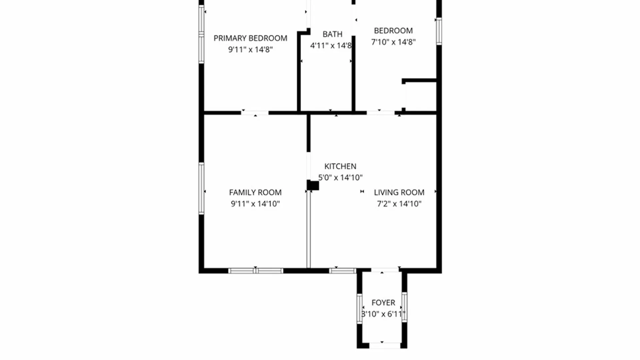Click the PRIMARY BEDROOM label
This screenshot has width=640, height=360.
(x=250, y=38)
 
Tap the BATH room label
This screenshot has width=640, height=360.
(x=332, y=34)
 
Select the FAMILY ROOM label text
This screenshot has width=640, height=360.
(x=255, y=192)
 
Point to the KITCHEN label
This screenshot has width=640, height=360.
(x=340, y=166)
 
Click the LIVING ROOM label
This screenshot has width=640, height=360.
(x=399, y=192)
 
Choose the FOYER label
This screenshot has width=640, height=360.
(x=383, y=303)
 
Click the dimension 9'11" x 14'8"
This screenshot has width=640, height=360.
(x=250, y=50)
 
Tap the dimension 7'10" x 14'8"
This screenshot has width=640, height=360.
(x=393, y=42)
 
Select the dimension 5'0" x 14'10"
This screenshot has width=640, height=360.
(x=340, y=178)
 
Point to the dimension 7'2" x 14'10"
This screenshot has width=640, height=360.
(x=399, y=204)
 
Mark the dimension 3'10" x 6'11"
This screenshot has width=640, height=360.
(x=383, y=314)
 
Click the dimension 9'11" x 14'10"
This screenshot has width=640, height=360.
(x=255, y=204)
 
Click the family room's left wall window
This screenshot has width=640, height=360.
(x=201, y=188)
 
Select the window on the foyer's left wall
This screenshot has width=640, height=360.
(x=359, y=308)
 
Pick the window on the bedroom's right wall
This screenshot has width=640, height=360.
(x=439, y=31)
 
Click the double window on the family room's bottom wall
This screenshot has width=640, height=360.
(x=256, y=271)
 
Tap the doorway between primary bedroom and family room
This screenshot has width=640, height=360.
(x=255, y=113)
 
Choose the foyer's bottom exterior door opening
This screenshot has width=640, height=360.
(x=385, y=345)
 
